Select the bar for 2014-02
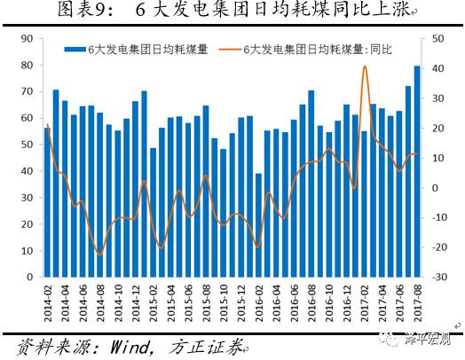pos(47,203)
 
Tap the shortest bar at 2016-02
pos(258,225)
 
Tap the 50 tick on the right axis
pos(437,38)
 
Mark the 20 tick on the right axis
pos(437,129)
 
